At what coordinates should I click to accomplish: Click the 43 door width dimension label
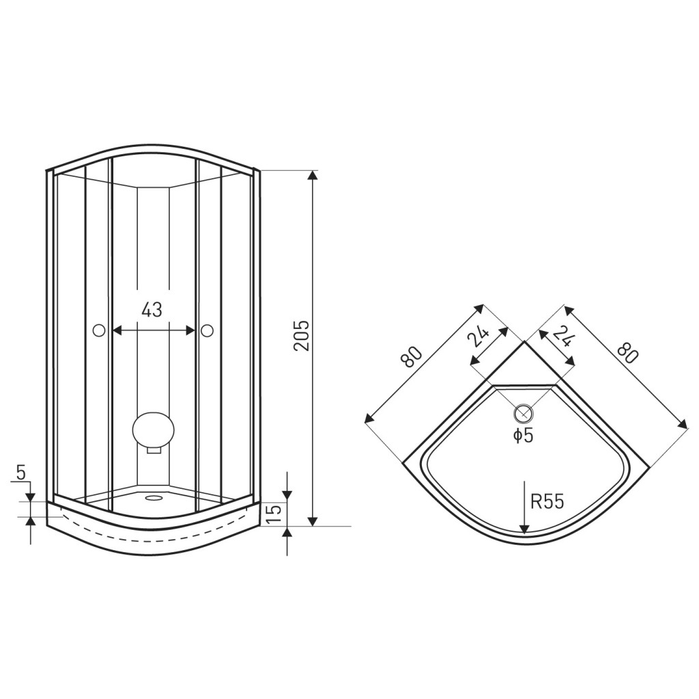(152, 309)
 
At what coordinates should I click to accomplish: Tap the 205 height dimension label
(302, 335)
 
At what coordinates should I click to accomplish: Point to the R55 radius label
(547, 502)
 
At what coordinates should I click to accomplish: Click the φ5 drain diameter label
(522, 435)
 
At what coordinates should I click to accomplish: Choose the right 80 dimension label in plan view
(628, 352)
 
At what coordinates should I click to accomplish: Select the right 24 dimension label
(563, 336)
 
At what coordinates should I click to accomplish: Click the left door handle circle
(98, 330)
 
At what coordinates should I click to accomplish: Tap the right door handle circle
(207, 330)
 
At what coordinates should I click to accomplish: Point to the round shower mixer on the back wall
(154, 430)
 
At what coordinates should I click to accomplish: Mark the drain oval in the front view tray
(154, 498)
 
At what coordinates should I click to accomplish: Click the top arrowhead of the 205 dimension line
(313, 175)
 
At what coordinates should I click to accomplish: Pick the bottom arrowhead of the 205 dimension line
(313, 521)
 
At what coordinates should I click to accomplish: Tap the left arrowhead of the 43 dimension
(118, 330)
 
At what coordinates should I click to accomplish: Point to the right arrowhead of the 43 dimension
(190, 330)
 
